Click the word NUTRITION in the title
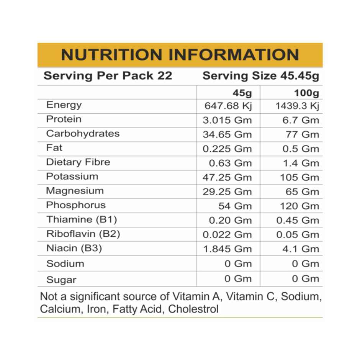112,55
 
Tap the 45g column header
242,93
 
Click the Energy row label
64,105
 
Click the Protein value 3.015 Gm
227,120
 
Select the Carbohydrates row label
83,134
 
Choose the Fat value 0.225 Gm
227,149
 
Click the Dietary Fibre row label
78,162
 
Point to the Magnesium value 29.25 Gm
227,191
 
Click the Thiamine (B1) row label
82,220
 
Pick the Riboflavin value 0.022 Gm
227,234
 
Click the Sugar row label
61,280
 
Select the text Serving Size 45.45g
260,76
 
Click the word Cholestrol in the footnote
193,309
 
